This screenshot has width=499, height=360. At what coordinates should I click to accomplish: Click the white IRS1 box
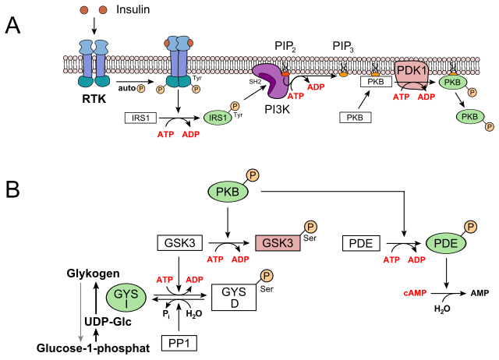click(x=141, y=118)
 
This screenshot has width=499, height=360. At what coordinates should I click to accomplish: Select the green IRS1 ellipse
click(x=218, y=118)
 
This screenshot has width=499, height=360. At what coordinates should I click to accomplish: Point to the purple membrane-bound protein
click(x=270, y=80)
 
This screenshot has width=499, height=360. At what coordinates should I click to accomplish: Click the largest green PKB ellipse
click(x=228, y=192)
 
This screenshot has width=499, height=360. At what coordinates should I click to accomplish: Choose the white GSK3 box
click(x=179, y=242)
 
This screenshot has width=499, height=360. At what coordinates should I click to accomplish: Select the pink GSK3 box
click(x=278, y=242)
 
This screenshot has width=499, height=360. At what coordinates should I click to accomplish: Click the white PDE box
click(x=360, y=243)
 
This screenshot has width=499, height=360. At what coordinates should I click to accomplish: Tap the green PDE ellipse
click(x=445, y=243)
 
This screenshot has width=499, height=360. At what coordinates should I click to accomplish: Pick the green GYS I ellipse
click(x=126, y=297)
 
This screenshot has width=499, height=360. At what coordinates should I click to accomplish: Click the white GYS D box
click(x=234, y=297)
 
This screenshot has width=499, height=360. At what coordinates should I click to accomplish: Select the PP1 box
click(x=179, y=343)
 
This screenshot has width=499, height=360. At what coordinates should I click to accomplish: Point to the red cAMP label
click(x=415, y=293)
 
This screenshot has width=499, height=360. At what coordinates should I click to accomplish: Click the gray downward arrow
click(x=80, y=312)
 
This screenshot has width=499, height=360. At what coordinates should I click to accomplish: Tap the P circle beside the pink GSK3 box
click(x=310, y=227)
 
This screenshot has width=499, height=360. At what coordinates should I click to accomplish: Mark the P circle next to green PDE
click(x=471, y=227)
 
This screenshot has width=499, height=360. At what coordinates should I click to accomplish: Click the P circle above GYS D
click(x=267, y=275)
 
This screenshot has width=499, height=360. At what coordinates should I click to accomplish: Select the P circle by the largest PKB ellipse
click(x=252, y=175)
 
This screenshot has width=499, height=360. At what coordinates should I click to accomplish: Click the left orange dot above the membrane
click(x=84, y=10)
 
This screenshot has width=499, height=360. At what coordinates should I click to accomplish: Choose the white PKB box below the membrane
click(x=355, y=118)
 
